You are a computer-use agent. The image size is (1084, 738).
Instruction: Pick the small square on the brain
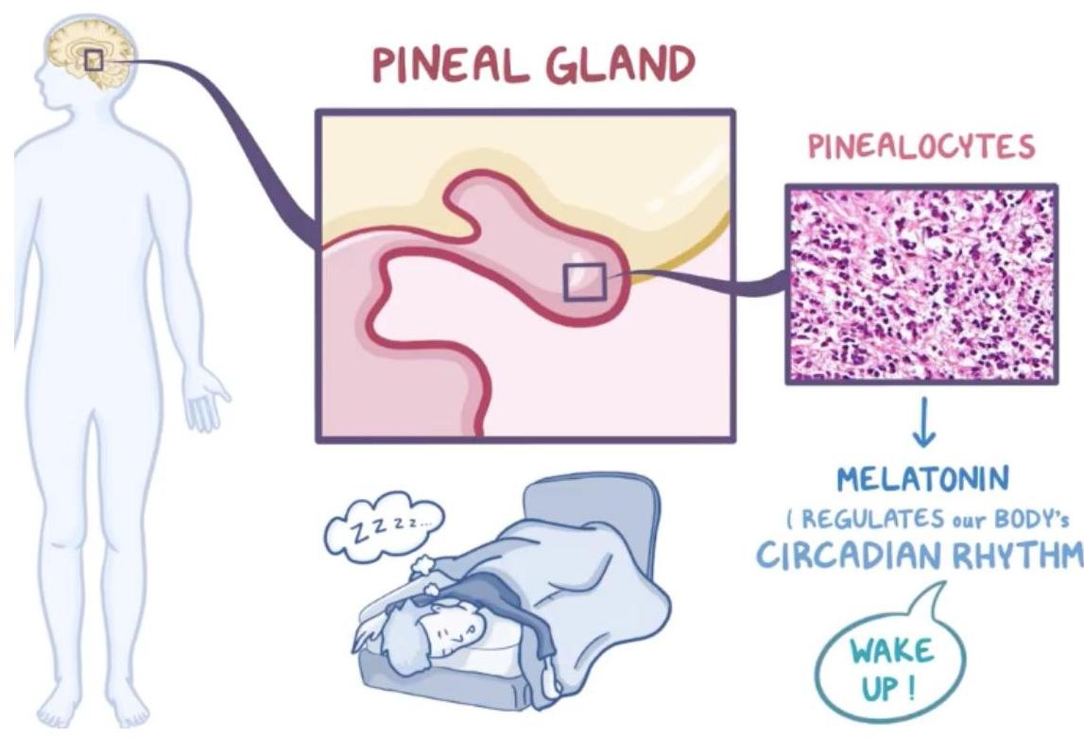tap(94, 60)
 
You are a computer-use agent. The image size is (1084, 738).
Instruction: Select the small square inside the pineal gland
tap(583, 282)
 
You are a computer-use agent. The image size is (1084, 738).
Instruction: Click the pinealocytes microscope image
tap(921, 283)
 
